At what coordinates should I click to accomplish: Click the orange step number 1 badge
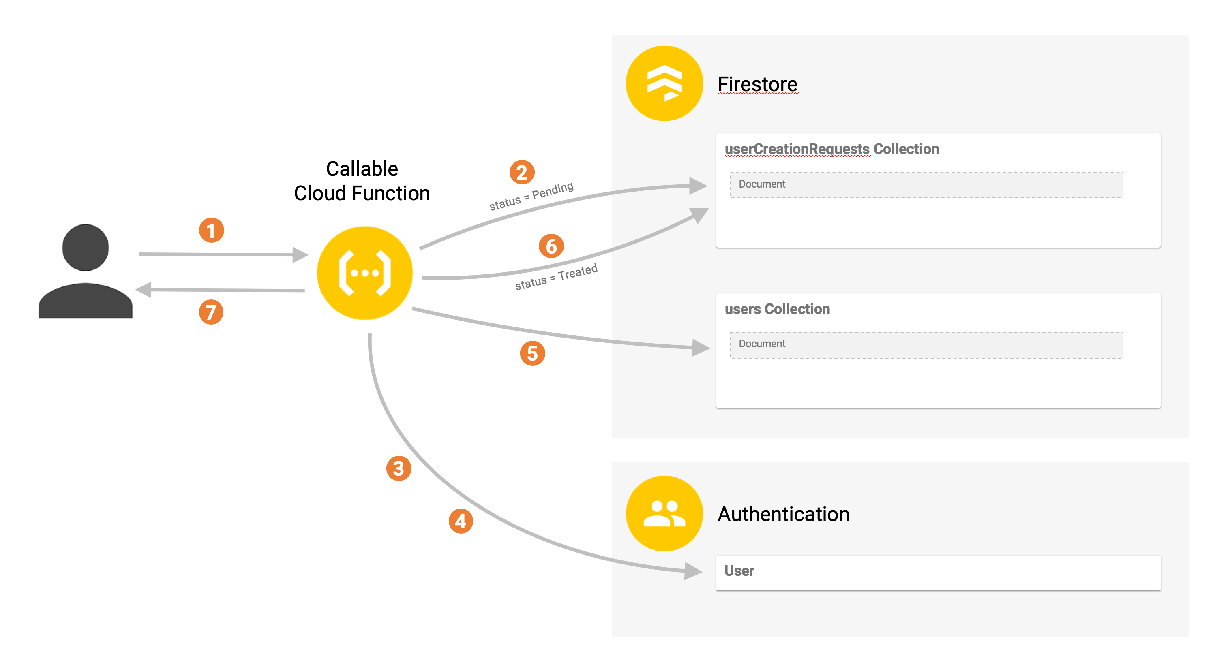tap(211, 231)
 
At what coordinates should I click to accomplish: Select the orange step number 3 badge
tap(399, 468)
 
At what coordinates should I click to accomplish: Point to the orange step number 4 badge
tap(461, 521)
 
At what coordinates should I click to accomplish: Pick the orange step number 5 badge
tap(532, 354)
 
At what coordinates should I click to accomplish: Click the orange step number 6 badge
tap(551, 246)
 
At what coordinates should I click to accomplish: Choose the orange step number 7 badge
tap(211, 312)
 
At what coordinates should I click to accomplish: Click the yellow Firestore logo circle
tap(664, 83)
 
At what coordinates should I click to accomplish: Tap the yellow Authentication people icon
tap(664, 513)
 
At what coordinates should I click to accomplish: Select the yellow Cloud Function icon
tap(365, 273)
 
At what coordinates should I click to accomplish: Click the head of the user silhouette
tap(85, 247)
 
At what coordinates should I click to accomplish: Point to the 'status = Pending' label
tap(531, 196)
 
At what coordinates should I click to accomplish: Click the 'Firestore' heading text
tap(757, 84)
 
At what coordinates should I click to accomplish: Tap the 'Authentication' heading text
tap(783, 514)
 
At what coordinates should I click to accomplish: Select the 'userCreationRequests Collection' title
tap(832, 149)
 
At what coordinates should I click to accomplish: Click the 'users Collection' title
tap(777, 309)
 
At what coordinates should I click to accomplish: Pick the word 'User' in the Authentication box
tap(739, 571)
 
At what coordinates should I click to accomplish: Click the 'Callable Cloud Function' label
tap(362, 181)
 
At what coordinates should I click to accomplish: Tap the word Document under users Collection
tap(762, 344)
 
